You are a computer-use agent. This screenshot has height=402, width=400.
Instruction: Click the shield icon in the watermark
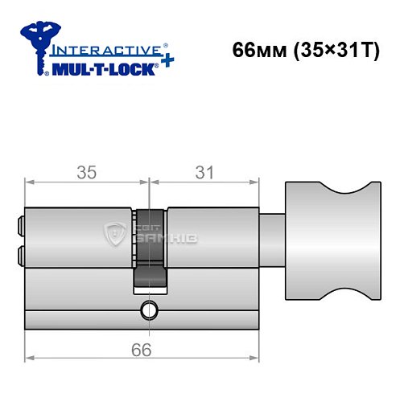[113, 235]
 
